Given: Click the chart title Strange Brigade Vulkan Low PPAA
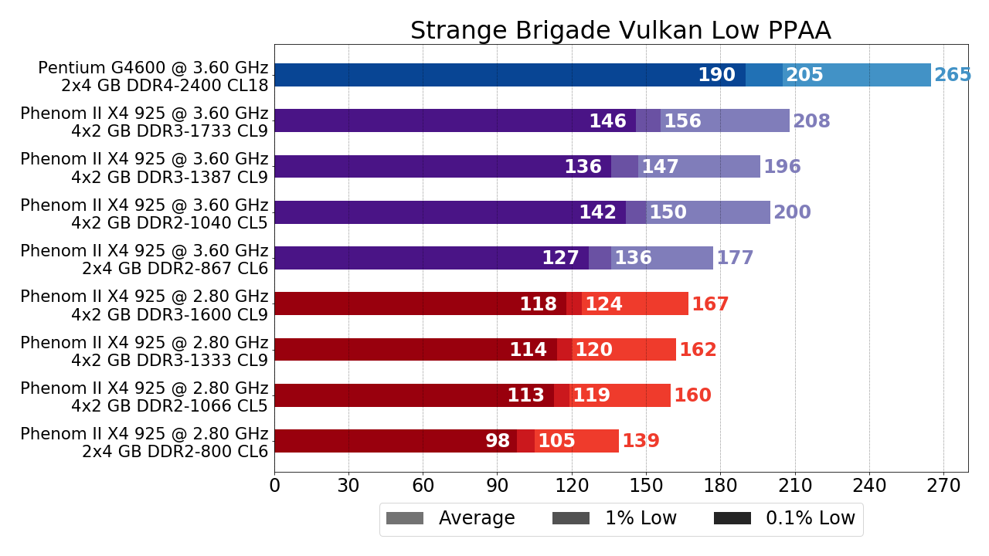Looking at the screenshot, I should (620, 31).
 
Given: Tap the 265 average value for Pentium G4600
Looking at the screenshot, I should (952, 76).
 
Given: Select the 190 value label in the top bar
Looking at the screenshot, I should (716, 76).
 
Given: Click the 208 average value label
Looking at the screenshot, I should (811, 121).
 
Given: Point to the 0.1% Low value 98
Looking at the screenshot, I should (498, 442).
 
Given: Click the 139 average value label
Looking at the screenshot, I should (641, 442).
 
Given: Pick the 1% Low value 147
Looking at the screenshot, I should (660, 167).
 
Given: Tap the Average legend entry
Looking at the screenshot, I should (450, 519).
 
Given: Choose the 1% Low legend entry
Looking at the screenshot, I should (614, 519).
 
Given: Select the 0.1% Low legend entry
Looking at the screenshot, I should (784, 519).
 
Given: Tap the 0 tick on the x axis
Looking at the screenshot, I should (274, 486).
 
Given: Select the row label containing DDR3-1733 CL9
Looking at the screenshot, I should (144, 122).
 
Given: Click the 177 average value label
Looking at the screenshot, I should (735, 259).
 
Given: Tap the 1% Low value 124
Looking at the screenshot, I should (603, 304).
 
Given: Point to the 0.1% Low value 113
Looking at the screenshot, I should (525, 396).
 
